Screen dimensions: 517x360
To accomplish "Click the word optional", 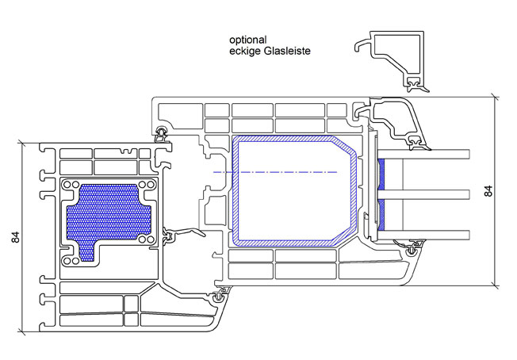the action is pyautogui.click(x=248, y=40).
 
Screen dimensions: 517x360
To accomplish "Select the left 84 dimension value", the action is pyautogui.click(x=16, y=237).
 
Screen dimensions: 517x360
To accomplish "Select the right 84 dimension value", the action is pyautogui.click(x=488, y=191).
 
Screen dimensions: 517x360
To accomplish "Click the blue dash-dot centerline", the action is pyautogui.click(x=275, y=172).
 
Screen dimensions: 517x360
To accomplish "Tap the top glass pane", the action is pyautogui.click(x=423, y=155).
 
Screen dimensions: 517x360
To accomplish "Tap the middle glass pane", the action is pyautogui.click(x=423, y=194).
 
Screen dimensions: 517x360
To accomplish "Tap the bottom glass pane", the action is pyautogui.click(x=423, y=235).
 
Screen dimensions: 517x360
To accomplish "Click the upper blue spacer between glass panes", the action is pyautogui.click(x=381, y=174).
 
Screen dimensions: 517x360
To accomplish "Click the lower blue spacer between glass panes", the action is pyautogui.click(x=381, y=215).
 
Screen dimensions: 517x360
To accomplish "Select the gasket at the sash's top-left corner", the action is pyautogui.click(x=161, y=134).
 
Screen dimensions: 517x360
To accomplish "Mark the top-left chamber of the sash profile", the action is pyautogui.click(x=180, y=116).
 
